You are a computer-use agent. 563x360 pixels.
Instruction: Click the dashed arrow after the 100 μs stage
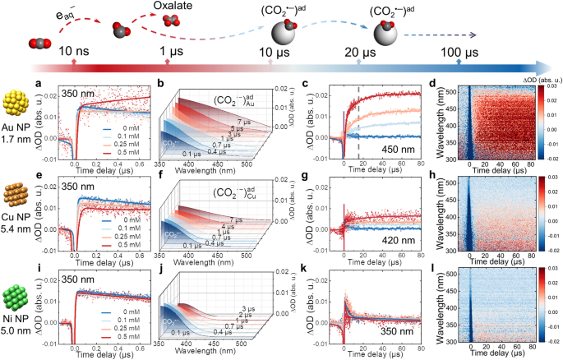(449, 35)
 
